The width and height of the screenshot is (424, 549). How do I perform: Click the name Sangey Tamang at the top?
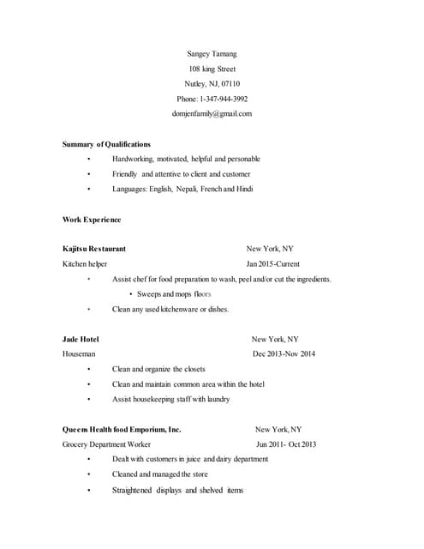(x=212, y=53)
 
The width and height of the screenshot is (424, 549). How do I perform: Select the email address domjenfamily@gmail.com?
(x=212, y=113)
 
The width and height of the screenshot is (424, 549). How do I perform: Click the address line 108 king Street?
(x=212, y=69)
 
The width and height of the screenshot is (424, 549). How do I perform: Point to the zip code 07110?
(x=230, y=83)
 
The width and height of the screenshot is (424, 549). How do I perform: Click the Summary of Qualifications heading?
(x=106, y=144)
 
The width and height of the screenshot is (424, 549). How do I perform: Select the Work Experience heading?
(x=92, y=220)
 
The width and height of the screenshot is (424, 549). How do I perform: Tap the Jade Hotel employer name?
(x=81, y=339)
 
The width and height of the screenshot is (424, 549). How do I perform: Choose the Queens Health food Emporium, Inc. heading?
(x=122, y=429)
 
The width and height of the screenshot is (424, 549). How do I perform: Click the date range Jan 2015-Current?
(x=273, y=264)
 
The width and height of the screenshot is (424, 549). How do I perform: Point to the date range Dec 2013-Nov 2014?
(x=284, y=353)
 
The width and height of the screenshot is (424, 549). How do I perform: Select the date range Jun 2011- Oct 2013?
(x=286, y=444)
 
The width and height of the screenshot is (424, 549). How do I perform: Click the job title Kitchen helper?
(x=85, y=264)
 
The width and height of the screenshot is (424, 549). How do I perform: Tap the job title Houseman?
(x=79, y=353)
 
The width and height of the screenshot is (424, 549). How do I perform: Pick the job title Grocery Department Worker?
(x=106, y=444)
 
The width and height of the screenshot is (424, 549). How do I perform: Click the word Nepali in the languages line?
(x=186, y=189)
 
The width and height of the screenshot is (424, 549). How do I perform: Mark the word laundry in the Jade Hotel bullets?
(x=218, y=399)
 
